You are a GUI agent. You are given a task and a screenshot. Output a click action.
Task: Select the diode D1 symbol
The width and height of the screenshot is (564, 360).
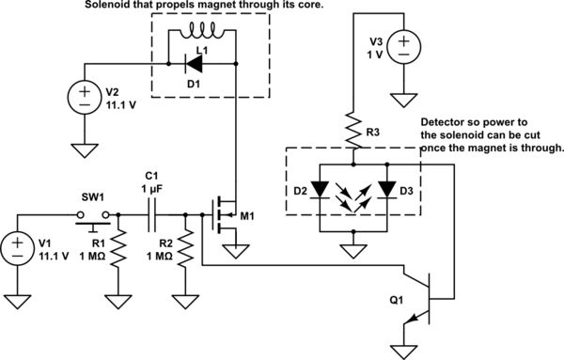tap(195, 65)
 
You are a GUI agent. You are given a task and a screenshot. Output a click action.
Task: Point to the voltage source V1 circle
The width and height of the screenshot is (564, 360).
tap(20, 251)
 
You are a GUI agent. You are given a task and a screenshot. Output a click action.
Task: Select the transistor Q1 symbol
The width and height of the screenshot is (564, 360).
tap(425, 296)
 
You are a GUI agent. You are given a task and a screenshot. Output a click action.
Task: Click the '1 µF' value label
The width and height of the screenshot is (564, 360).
tap(153, 190)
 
